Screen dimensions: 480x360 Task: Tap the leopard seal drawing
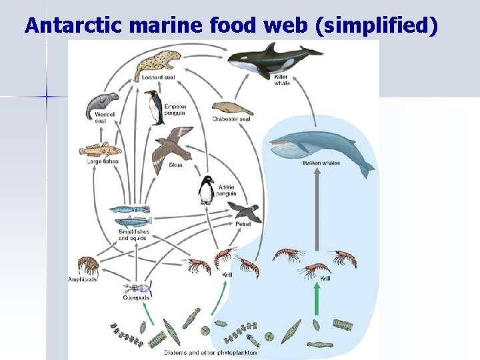pyautogui.click(x=159, y=64)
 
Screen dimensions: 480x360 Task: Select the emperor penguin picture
pyautogui.click(x=155, y=107)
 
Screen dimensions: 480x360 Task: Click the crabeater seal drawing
pyautogui.click(x=231, y=107)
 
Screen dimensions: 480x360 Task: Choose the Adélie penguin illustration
pyautogui.click(x=207, y=190)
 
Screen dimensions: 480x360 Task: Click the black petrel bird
pyautogui.click(x=245, y=211)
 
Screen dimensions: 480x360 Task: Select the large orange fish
pyautogui.click(x=100, y=150)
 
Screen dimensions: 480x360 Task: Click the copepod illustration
pyautogui.click(x=137, y=290)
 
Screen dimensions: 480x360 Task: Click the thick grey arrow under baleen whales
pyautogui.click(x=318, y=213)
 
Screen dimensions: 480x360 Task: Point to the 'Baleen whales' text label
pyautogui.click(x=321, y=163)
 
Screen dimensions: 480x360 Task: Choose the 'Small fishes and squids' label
pyautogui.click(x=134, y=235)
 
